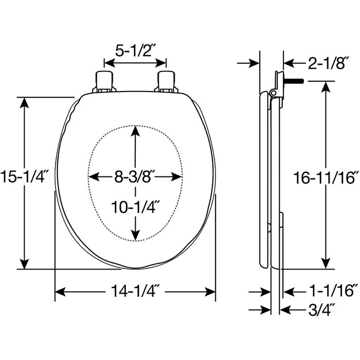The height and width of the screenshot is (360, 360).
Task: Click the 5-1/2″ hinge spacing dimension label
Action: coord(135,51)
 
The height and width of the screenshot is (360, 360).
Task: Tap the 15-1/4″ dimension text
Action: coord(25,176)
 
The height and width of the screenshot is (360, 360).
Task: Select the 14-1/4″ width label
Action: coord(135,291)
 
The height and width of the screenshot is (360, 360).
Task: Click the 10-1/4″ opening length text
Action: coord(135,207)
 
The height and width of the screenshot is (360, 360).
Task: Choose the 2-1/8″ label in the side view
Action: coord(326,63)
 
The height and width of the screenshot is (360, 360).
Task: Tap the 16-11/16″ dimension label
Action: coord(326,177)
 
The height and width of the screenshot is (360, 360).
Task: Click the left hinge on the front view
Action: coord(104,82)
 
